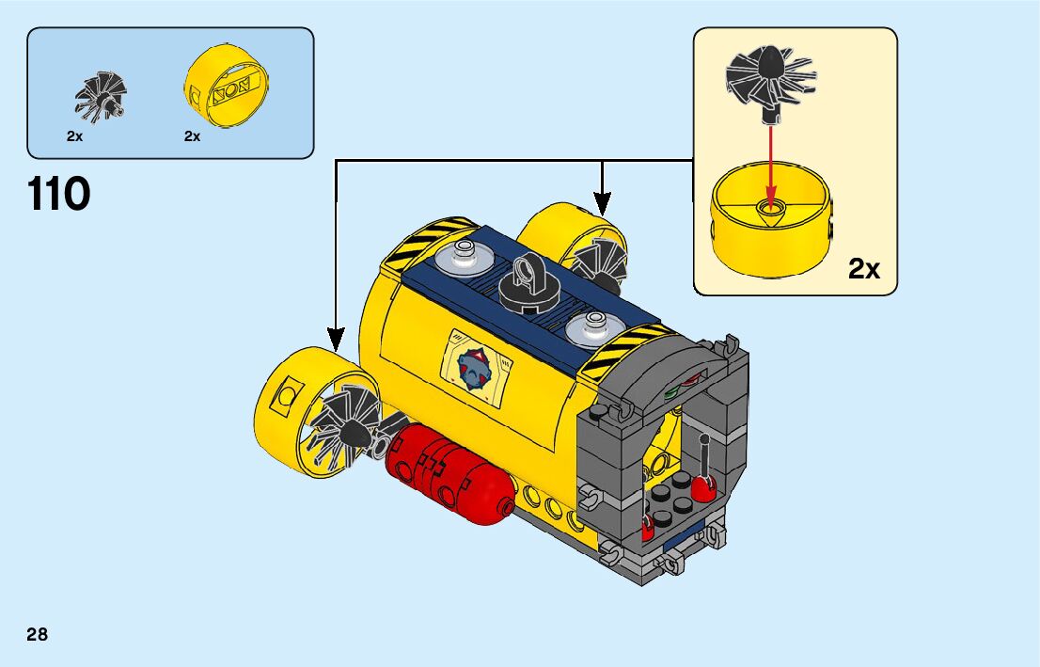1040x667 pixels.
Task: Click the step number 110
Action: pos(59,195)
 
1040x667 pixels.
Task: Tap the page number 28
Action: pos(38,635)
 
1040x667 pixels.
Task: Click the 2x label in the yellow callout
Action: pos(864,270)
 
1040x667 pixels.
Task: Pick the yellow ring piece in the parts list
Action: pos(226,88)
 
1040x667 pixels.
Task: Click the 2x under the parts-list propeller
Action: pos(75,136)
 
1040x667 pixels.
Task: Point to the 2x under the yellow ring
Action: pos(193,136)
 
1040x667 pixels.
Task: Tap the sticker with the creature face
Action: pos(477,367)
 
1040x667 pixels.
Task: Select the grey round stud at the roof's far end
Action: pos(464,251)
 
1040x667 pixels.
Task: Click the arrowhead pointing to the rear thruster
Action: pos(602,202)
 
